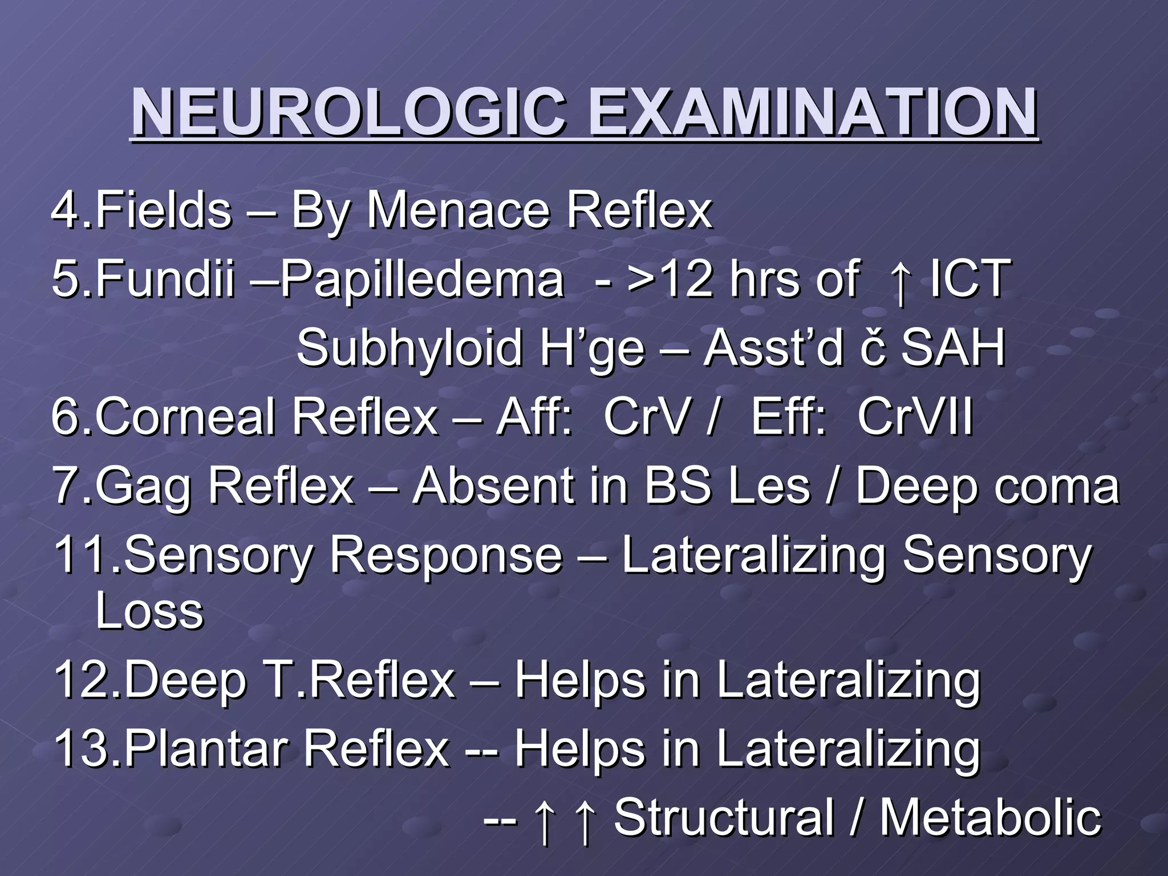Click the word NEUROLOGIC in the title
tap(348, 112)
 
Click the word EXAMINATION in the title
tap(812, 112)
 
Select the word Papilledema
tap(423, 280)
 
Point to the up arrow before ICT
tap(901, 282)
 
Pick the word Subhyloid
tap(409, 348)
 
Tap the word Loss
tap(149, 611)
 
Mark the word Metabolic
tap(990, 818)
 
